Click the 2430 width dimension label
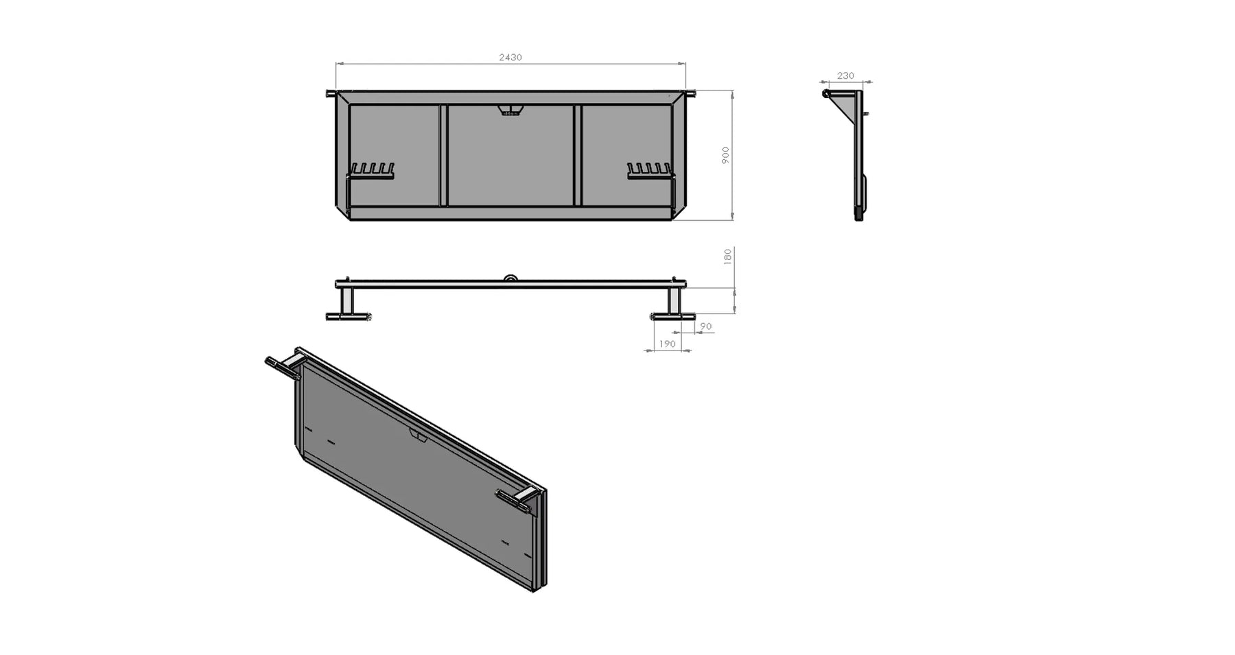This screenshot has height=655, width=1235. [x=510, y=58]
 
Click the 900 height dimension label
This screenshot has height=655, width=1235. [x=725, y=155]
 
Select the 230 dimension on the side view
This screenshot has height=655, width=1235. [x=845, y=76]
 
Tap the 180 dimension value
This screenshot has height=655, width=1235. [x=728, y=257]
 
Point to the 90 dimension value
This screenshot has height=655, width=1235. [x=706, y=326]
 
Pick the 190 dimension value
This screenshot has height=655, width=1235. [x=667, y=344]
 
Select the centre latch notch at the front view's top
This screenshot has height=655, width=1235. [x=510, y=110]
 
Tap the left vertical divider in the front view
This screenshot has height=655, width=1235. [x=443, y=155]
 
